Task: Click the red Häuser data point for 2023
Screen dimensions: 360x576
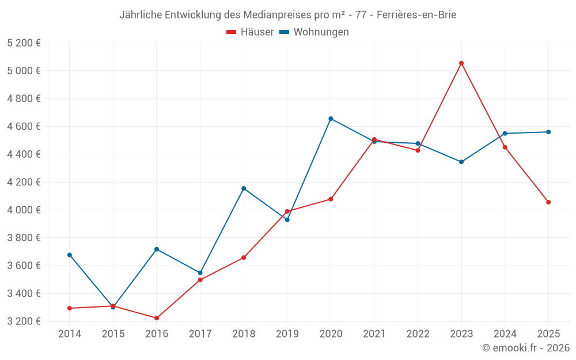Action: (461, 63)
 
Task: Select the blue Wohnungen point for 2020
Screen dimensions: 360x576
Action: (331, 119)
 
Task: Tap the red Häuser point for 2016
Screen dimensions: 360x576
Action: (157, 318)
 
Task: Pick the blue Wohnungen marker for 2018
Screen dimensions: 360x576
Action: (244, 188)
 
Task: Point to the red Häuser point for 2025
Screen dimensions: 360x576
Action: (548, 202)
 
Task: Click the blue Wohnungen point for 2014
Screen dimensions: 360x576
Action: (70, 255)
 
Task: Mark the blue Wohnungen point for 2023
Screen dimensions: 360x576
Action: (461, 162)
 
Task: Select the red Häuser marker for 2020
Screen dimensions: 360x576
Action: (331, 199)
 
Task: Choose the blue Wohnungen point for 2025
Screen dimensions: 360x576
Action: (548, 132)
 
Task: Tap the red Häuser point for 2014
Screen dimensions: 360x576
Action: (70, 308)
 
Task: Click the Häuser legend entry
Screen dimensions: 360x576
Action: (251, 32)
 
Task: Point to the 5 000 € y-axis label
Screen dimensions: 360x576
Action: (24, 71)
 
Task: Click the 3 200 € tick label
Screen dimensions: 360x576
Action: (24, 321)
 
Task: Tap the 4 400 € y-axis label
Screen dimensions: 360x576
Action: (24, 154)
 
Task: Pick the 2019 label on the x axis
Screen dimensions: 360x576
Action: (287, 334)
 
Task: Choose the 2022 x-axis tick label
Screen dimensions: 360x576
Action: (418, 334)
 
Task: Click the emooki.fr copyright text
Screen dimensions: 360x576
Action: (526, 348)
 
